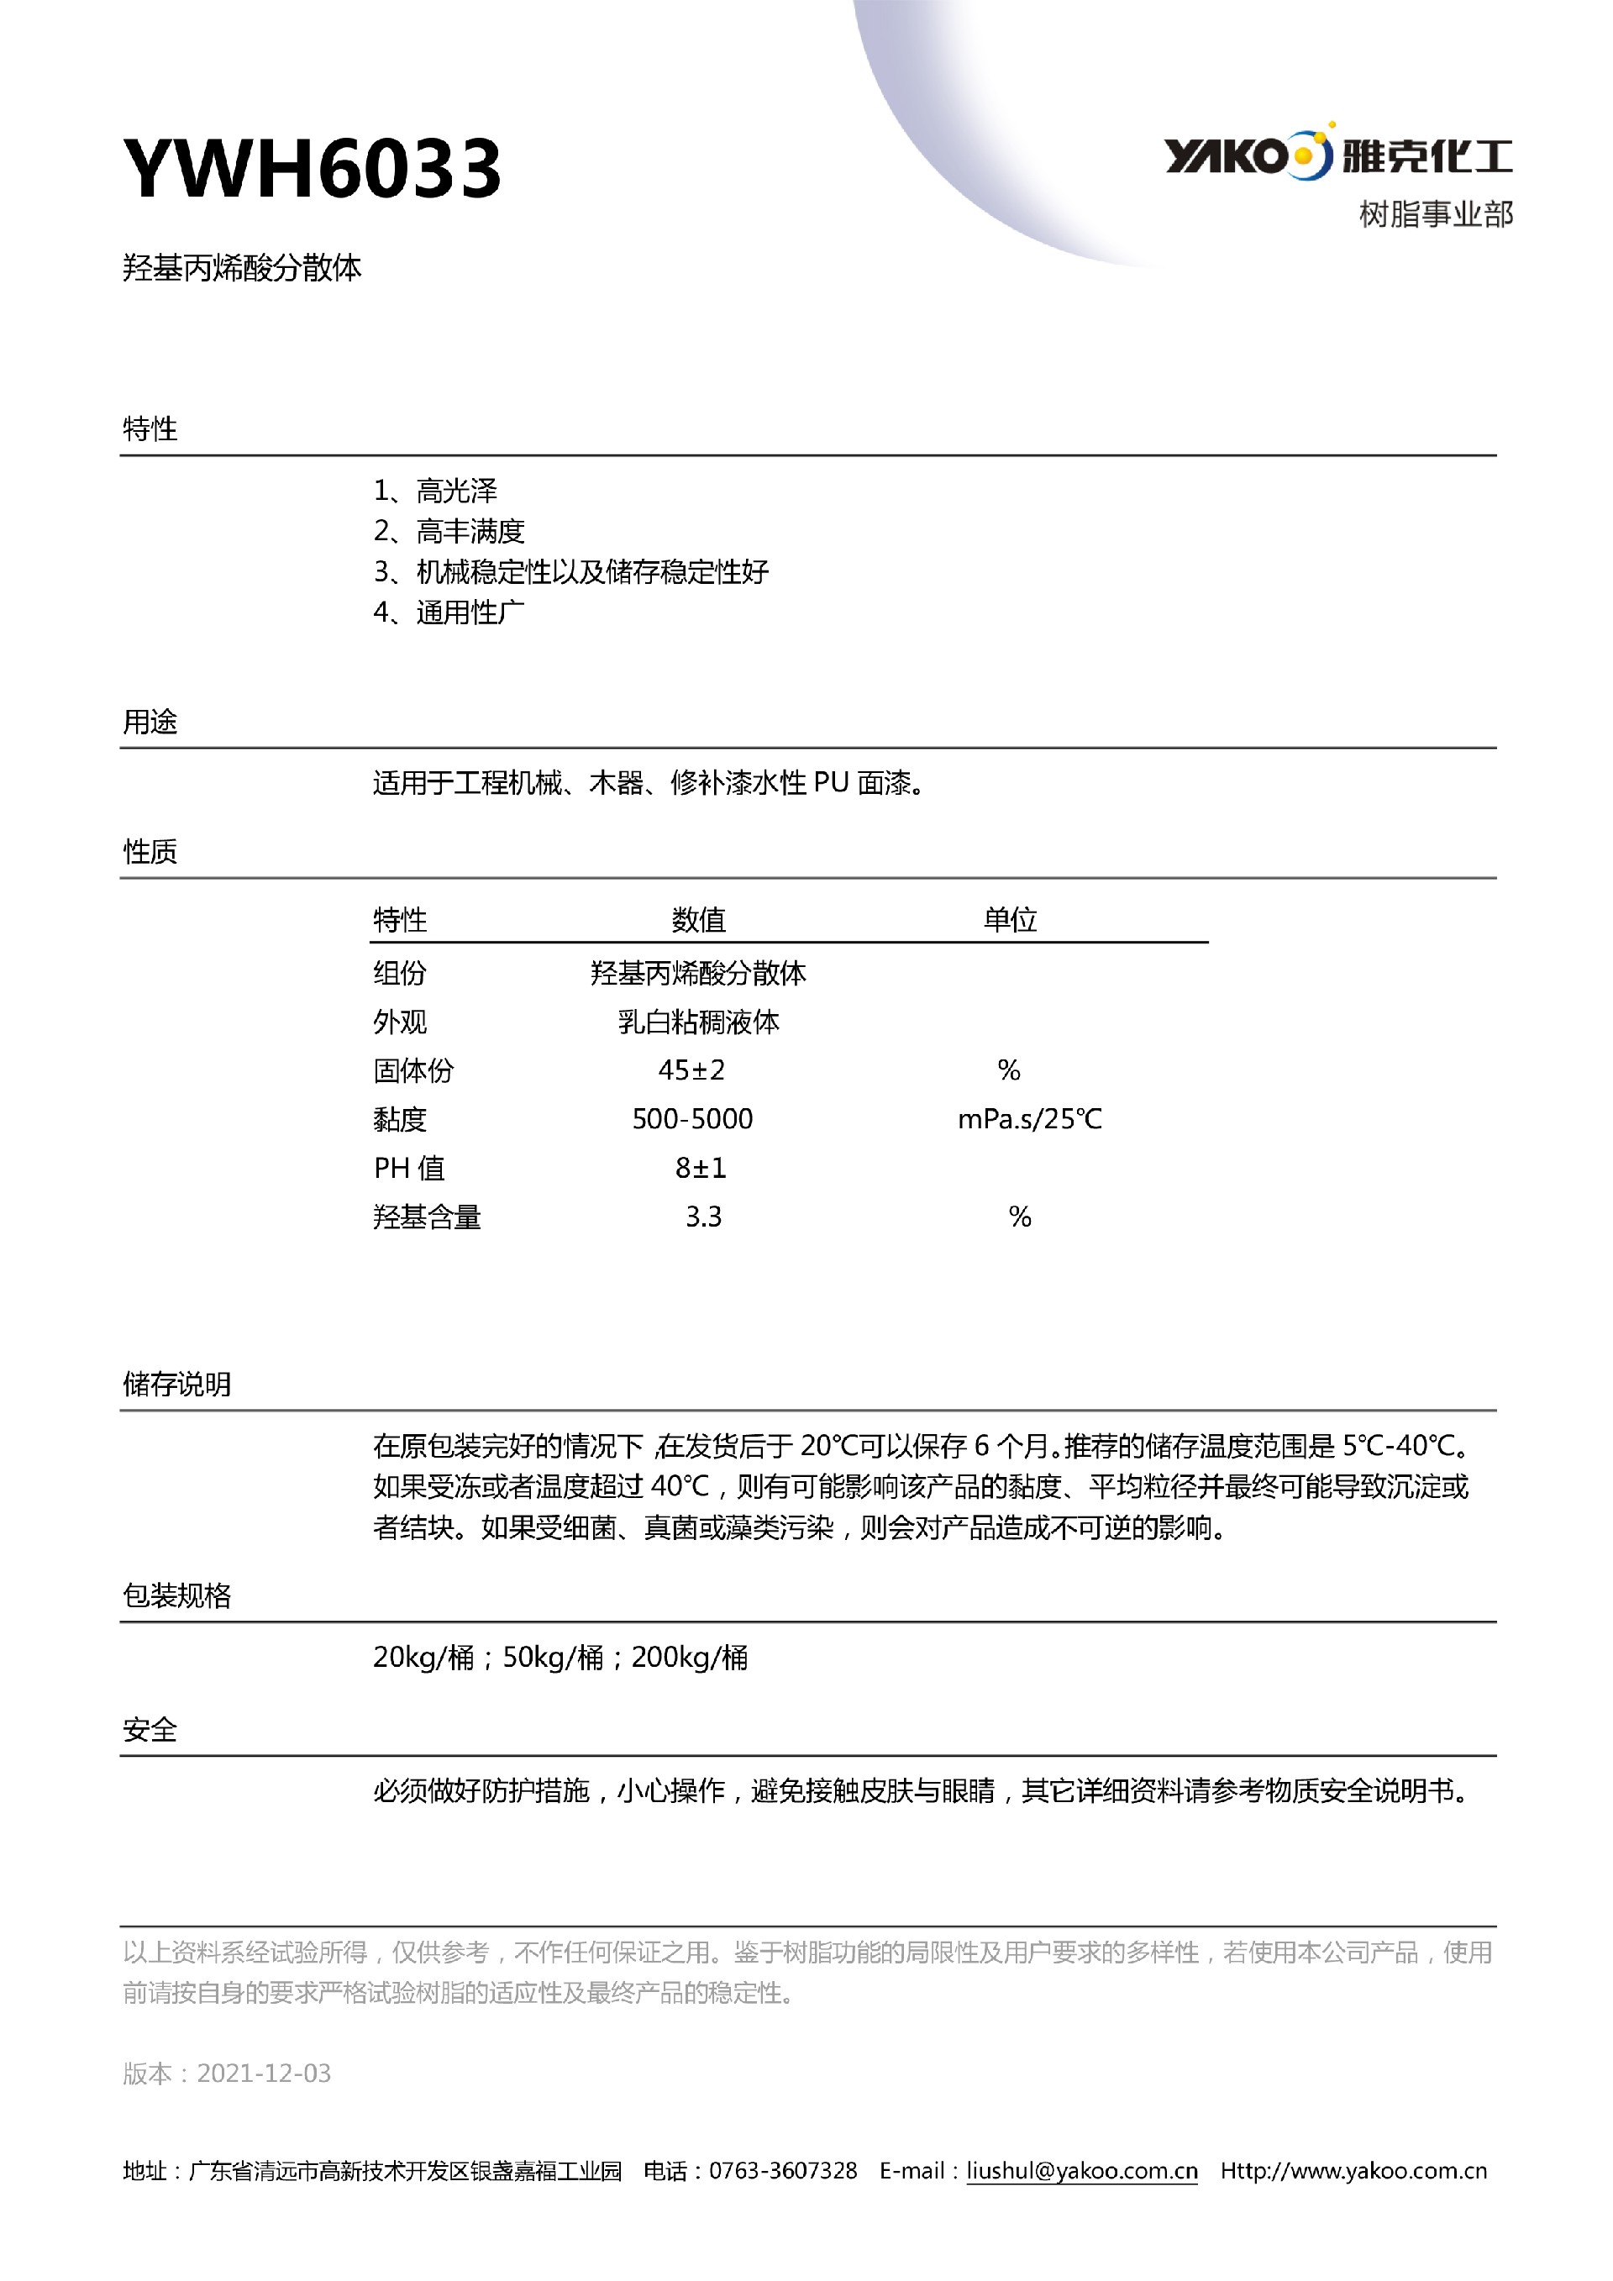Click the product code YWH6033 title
tap(312, 168)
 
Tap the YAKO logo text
tap(1226, 156)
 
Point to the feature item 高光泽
tap(456, 491)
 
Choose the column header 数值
tap(698, 920)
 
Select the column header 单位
tap(1010, 920)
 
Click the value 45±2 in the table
tap(691, 1070)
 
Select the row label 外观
tap(399, 1022)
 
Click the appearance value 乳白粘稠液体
tap(698, 1022)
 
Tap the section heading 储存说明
tap(176, 1384)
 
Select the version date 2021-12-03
tap(264, 2073)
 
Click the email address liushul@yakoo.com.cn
tap(1081, 2171)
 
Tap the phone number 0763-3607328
tap(783, 2171)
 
